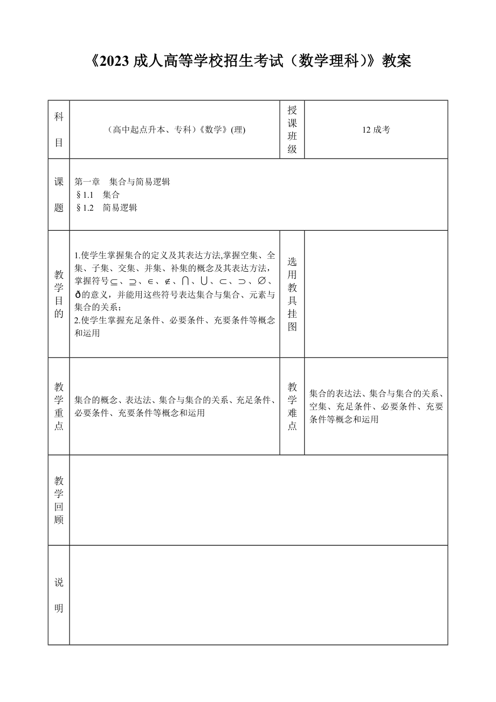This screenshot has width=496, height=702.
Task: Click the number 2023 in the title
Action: pos(115,61)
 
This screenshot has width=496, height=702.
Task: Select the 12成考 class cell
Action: pos(376,129)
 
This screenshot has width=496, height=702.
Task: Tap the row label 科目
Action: pos(59,129)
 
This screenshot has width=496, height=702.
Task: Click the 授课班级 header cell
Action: pos(292,129)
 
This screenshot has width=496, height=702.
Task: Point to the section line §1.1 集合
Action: pos(98,195)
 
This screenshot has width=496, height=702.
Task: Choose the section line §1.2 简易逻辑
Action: pos(107,208)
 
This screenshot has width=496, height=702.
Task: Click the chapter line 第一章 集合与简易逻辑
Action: pos(122,182)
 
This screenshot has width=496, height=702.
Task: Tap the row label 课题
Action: pos(59,195)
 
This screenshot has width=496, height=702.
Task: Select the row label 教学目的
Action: pos(59,294)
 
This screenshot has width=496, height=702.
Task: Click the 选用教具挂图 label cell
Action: pos(292,294)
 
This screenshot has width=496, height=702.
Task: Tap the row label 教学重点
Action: pos(59,406)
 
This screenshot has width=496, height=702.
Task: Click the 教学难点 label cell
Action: pos(292,406)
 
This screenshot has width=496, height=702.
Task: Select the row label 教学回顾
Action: pos(59,500)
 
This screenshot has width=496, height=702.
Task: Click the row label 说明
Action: pos(59,595)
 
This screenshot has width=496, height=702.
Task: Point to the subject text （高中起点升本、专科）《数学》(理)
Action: pos(175,129)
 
